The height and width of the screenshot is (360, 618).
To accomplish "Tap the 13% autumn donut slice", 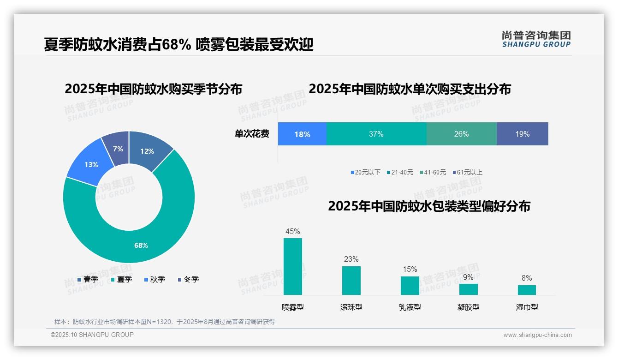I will [x=90, y=164].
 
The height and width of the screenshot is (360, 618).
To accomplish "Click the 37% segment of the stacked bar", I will [x=376, y=134].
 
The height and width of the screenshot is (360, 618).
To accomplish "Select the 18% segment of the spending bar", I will [x=302, y=134].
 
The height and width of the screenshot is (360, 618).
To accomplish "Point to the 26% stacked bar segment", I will [x=461, y=134].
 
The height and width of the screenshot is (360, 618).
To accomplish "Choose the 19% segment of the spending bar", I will [x=522, y=134].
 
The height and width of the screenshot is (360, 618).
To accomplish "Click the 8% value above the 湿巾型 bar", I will [x=527, y=278].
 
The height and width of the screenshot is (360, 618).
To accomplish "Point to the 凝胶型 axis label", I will [x=469, y=307].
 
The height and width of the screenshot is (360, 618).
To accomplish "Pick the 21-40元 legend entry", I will [x=400, y=172].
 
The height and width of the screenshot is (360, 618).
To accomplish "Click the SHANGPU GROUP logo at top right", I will [x=536, y=39].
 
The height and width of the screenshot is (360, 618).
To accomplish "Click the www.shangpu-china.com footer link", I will [x=537, y=335].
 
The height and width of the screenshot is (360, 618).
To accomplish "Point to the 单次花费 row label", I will [x=252, y=134].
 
